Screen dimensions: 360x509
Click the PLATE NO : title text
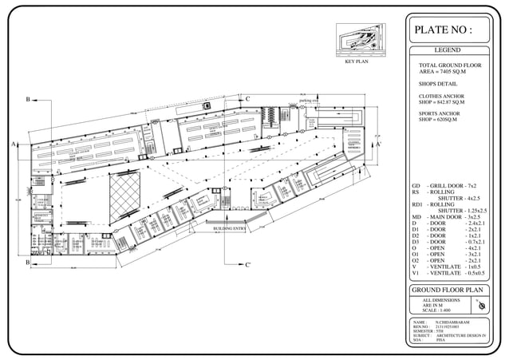coord(443,30)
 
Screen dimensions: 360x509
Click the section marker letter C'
coord(249,264)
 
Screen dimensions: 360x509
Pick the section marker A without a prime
coord(14,144)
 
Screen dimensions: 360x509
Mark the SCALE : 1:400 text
coord(438,309)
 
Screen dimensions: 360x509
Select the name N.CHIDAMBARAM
coord(453,321)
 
